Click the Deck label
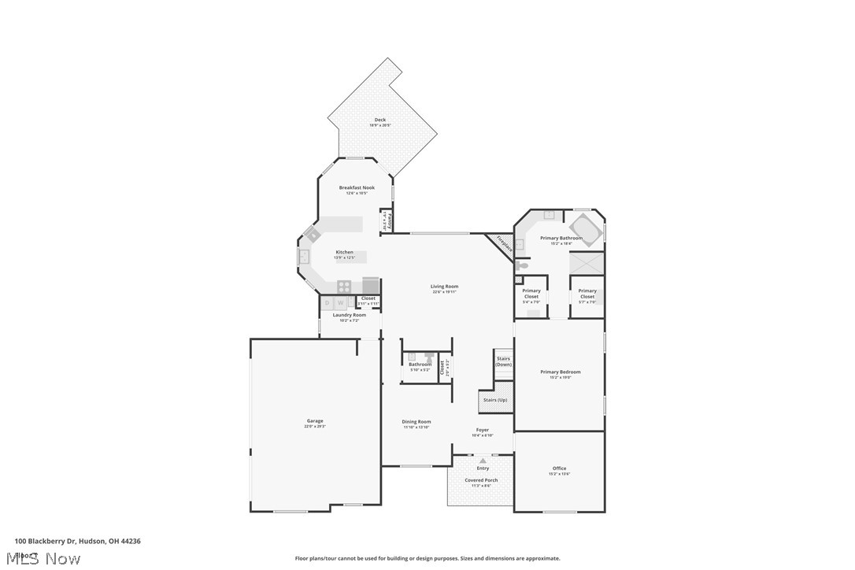(380, 120)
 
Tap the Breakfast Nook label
(357, 187)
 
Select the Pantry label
(390, 220)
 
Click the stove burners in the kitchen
(344, 287)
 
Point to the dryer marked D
(328, 302)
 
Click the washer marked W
(341, 302)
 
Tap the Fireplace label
(504, 244)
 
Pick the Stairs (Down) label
(503, 361)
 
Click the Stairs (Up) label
(495, 400)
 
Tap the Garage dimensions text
(315, 426)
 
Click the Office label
(559, 468)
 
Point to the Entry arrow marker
(483, 461)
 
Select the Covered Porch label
(481, 479)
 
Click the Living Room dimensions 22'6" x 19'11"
(444, 292)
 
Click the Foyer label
(483, 430)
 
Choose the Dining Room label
(416, 421)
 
